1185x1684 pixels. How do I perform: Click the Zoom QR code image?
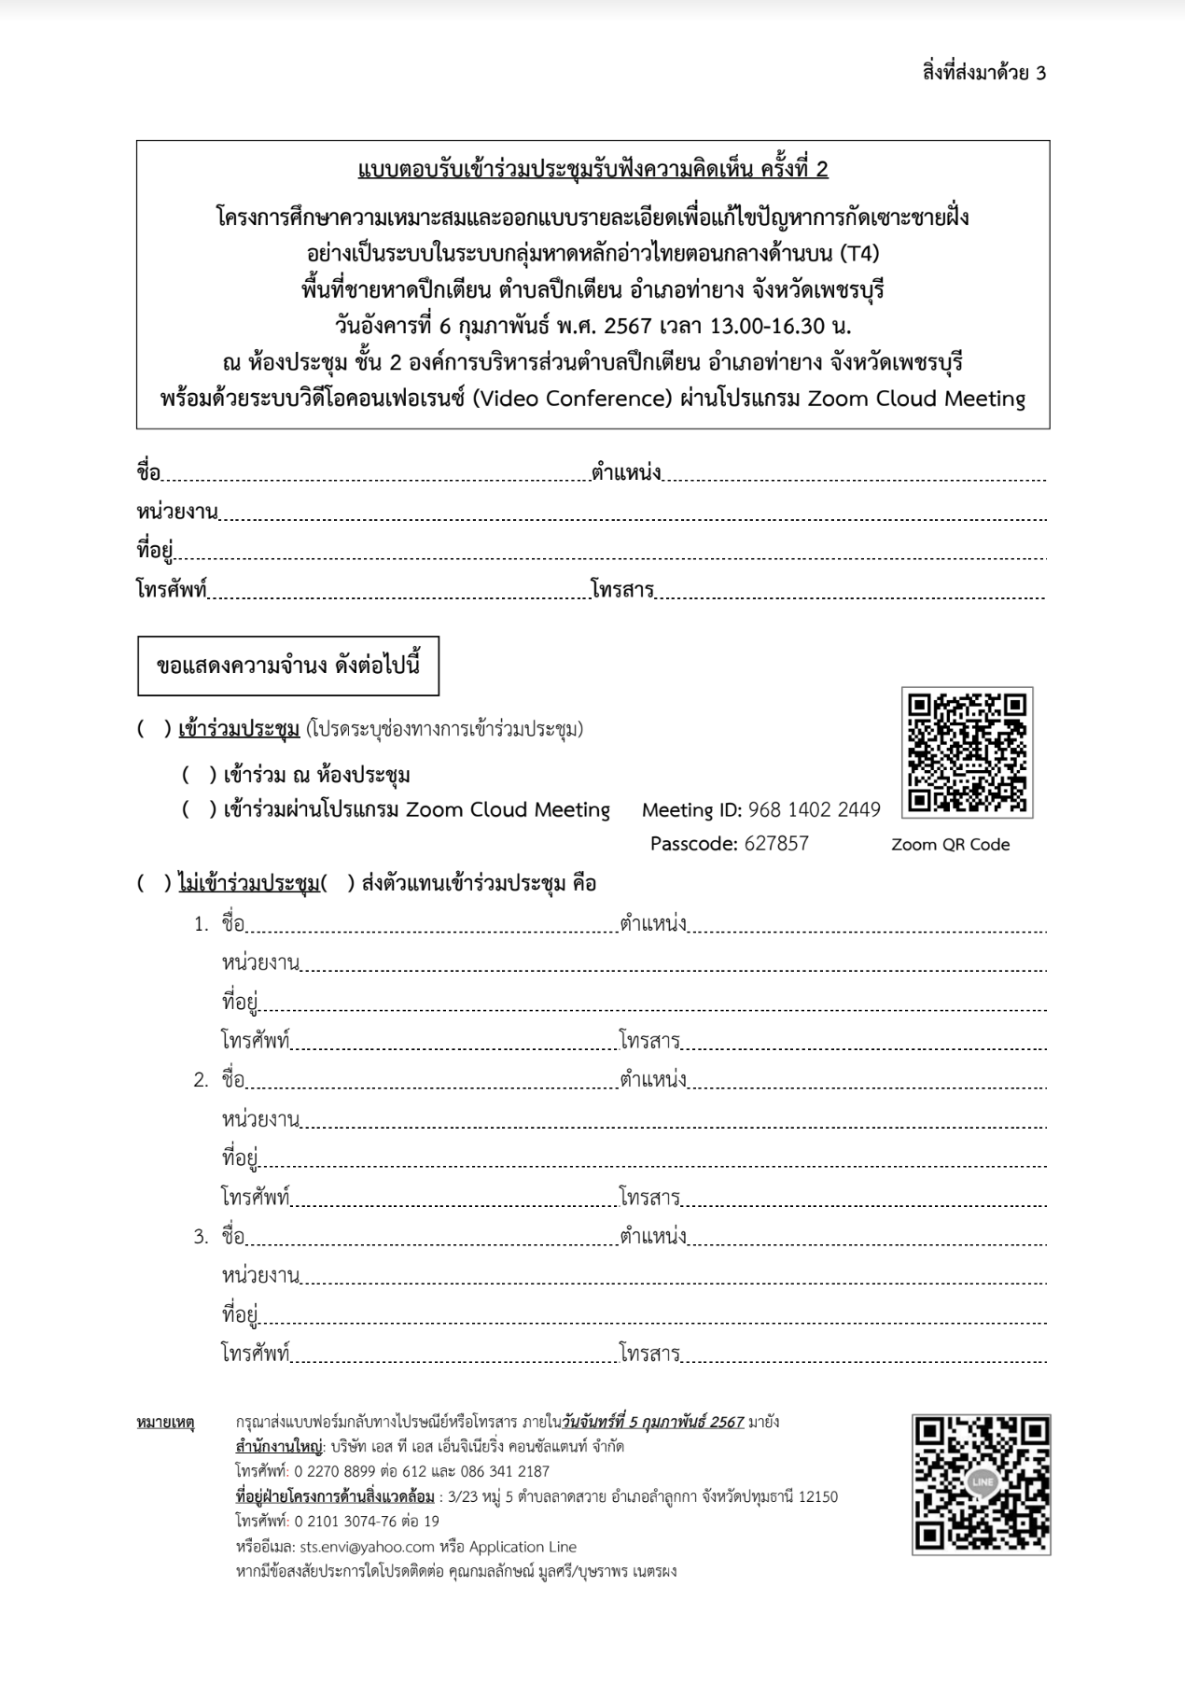[x=967, y=752]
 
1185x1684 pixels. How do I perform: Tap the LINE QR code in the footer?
[x=981, y=1483]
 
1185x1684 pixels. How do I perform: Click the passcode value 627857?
[x=776, y=844]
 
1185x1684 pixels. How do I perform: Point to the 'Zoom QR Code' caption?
[x=950, y=845]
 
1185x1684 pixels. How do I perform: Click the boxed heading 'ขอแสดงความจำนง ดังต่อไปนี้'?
[x=288, y=667]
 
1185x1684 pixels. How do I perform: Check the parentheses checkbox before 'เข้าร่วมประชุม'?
[x=154, y=729]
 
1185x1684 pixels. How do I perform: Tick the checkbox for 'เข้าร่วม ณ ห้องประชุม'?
[x=199, y=775]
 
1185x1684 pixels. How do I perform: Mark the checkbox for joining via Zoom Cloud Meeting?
[x=199, y=809]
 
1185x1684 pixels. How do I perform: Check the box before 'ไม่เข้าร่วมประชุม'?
[x=154, y=883]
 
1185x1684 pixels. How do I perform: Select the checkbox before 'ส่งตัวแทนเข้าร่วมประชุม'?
[x=338, y=883]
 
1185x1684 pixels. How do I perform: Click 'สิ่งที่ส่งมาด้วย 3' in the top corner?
[x=983, y=73]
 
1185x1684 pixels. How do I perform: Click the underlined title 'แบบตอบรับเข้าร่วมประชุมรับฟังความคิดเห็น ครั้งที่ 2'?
[x=592, y=170]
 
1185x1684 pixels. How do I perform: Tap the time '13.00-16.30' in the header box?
[x=767, y=327]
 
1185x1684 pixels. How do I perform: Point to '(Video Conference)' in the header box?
[x=571, y=399]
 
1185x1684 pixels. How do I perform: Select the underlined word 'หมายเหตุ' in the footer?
[x=165, y=1423]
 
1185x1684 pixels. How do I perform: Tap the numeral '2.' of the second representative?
[x=202, y=1080]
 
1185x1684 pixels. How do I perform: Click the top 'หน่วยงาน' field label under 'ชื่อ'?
[x=177, y=512]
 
